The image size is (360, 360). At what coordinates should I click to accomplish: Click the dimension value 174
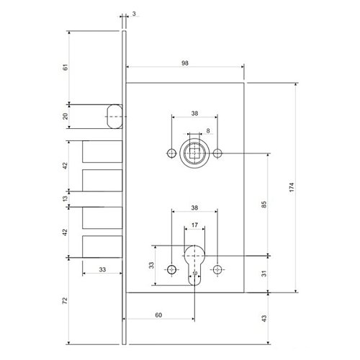(292, 187)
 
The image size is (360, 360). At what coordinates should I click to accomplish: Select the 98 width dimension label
(185, 63)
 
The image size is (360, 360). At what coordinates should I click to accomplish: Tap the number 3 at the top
(134, 14)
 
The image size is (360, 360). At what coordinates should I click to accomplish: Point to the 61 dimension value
(66, 67)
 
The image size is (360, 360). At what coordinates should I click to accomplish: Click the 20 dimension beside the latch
(66, 117)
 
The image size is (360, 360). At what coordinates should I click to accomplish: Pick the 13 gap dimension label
(66, 199)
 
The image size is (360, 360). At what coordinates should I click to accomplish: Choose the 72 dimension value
(66, 301)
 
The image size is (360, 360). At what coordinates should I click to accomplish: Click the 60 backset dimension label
(158, 315)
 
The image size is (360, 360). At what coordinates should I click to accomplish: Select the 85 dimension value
(264, 204)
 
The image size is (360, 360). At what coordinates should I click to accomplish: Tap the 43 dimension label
(264, 318)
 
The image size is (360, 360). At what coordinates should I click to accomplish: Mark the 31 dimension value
(264, 274)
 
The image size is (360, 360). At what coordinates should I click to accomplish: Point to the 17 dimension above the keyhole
(194, 225)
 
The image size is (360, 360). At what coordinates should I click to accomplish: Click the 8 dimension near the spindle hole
(208, 130)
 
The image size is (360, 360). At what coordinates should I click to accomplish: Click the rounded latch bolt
(114, 117)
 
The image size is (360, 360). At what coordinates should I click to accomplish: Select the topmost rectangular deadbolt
(102, 151)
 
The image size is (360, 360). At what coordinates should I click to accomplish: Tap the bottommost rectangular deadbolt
(102, 246)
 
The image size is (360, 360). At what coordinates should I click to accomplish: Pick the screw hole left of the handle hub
(171, 153)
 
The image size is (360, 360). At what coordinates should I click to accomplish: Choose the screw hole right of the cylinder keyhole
(217, 269)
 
